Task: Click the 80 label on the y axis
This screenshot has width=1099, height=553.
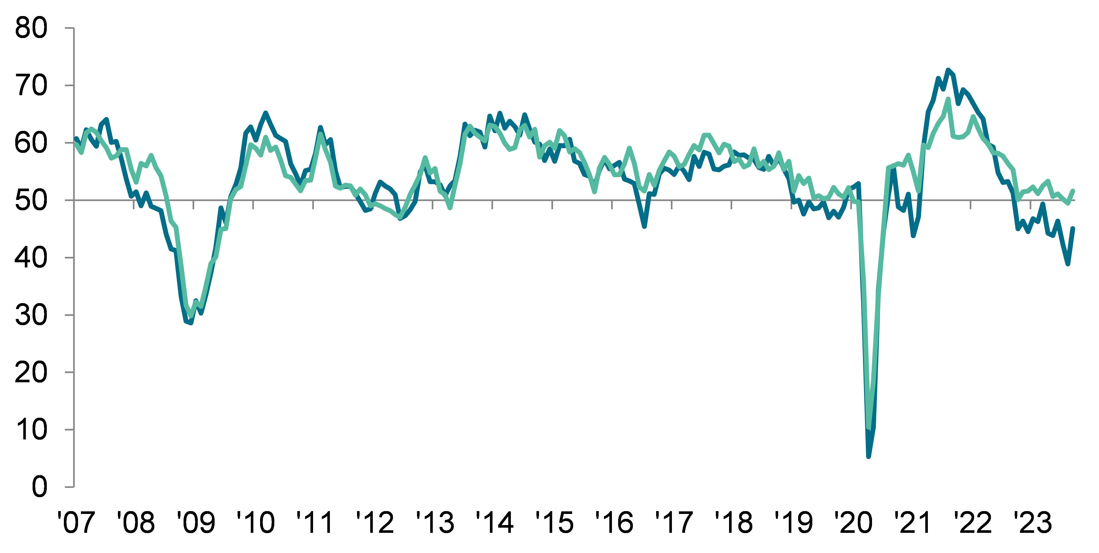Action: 31,29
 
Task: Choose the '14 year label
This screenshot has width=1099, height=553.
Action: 495,523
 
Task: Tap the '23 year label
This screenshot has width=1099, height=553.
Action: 1033,523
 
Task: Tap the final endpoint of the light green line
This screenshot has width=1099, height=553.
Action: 1085,191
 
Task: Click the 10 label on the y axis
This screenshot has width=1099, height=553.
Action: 31,430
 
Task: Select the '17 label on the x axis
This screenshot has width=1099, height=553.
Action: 674,523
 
